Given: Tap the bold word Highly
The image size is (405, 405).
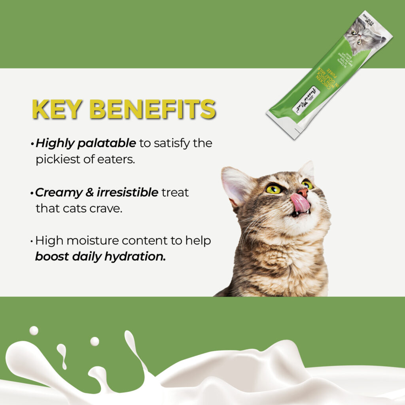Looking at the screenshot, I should click(54, 143).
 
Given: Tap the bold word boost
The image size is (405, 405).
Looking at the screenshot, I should click(52, 257).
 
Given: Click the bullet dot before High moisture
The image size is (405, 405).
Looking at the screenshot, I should click(32, 241).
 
